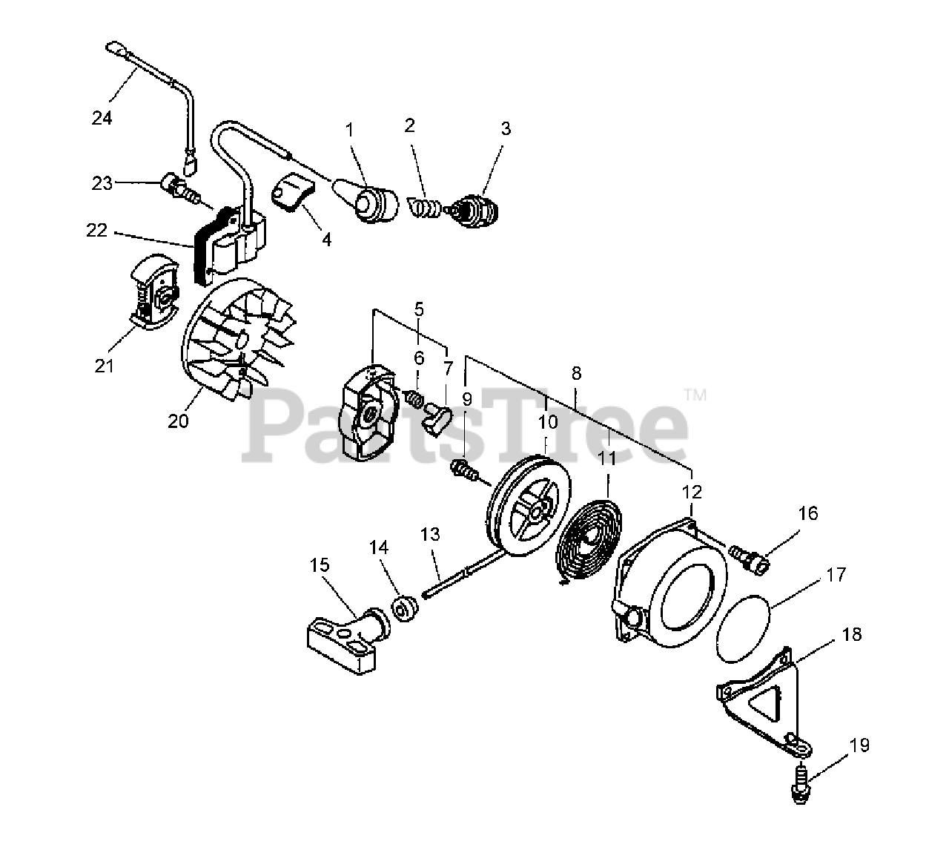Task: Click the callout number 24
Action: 102,117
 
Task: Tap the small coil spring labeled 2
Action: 424,205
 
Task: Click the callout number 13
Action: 430,534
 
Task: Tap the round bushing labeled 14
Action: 404,610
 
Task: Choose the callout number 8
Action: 577,372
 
